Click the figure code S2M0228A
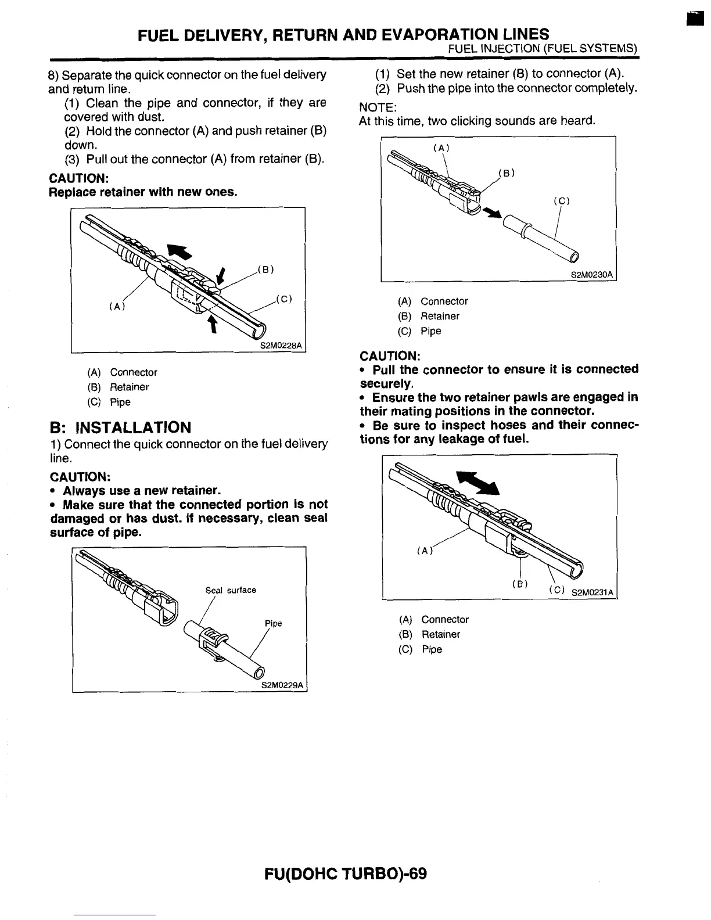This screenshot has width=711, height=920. click(x=281, y=346)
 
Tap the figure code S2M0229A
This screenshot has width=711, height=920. click(x=283, y=685)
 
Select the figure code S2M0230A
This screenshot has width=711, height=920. click(x=592, y=274)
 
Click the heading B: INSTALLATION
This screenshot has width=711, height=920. click(x=120, y=428)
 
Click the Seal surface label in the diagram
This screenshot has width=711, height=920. click(x=231, y=590)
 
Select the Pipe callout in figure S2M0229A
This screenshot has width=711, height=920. click(x=273, y=623)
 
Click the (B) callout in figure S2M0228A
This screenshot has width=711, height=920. click(x=264, y=269)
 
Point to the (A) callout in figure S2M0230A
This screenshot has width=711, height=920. click(x=442, y=148)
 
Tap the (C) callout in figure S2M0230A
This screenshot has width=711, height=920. click(x=561, y=202)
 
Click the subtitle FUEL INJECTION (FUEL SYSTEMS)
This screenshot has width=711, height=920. click(x=544, y=48)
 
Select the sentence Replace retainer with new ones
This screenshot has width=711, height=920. click(x=143, y=192)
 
